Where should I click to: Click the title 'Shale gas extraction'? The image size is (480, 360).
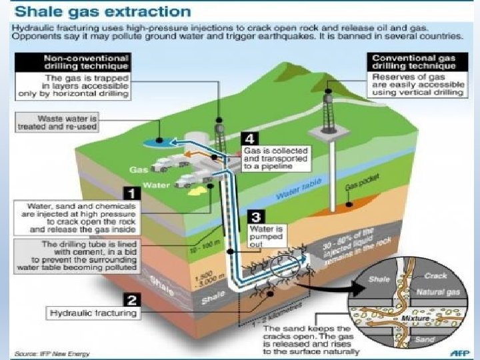100,12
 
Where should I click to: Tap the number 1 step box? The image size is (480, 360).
132,193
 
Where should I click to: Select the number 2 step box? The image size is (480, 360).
132,299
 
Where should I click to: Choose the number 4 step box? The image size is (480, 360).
249,139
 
